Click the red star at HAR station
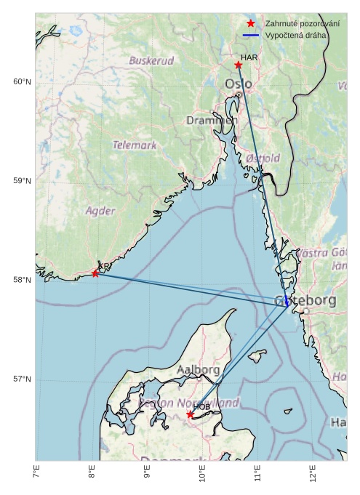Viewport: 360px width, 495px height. [x=239, y=65]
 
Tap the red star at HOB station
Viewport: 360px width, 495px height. [x=191, y=414]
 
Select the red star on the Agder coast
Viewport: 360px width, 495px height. [x=95, y=273]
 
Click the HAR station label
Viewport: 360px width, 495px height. [x=249, y=57]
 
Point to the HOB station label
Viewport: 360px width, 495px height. [x=201, y=406]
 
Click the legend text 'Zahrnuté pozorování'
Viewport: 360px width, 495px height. [x=302, y=24]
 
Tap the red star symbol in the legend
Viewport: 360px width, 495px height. [x=251, y=24]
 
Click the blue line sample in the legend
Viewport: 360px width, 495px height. [x=251, y=35]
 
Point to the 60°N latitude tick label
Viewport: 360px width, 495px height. [x=23, y=81]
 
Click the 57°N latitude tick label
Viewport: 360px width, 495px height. [x=23, y=379]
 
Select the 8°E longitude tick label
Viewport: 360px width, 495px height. [x=92, y=473]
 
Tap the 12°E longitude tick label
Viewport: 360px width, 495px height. [x=312, y=473]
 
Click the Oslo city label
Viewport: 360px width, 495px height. [x=239, y=84]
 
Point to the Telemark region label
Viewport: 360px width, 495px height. [x=135, y=145]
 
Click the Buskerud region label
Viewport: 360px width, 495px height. [x=151, y=60]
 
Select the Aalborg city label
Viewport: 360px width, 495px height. [x=198, y=370]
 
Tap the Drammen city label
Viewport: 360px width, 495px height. [x=212, y=120]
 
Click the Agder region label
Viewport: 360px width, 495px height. [x=100, y=211]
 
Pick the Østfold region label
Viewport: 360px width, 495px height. [x=263, y=158]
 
